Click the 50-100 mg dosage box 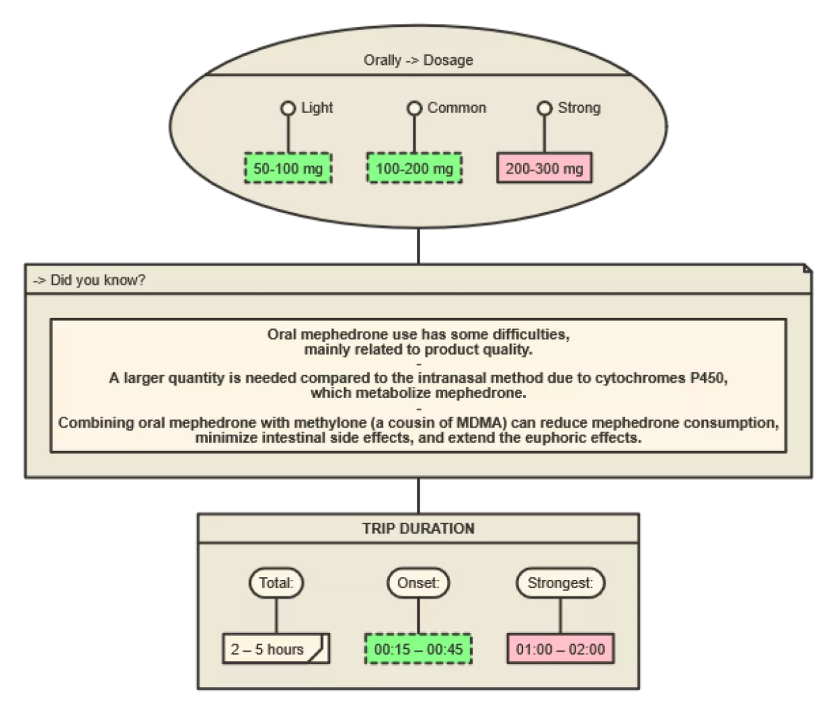tap(288, 168)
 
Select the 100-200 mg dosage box tap(414, 168)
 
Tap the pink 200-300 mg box tap(544, 168)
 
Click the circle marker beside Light tap(288, 108)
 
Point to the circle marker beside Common tap(414, 108)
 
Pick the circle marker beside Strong tap(545, 108)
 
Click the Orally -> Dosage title tap(418, 60)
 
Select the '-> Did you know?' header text tap(89, 280)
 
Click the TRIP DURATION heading tap(418, 528)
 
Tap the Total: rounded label tap(276, 582)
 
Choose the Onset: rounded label tap(418, 582)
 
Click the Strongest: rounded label tap(560, 582)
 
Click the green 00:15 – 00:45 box tap(418, 649)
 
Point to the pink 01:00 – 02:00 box tap(560, 649)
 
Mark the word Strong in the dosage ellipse tap(579, 108)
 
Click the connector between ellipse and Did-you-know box tap(418, 246)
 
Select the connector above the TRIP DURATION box tap(418, 496)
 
